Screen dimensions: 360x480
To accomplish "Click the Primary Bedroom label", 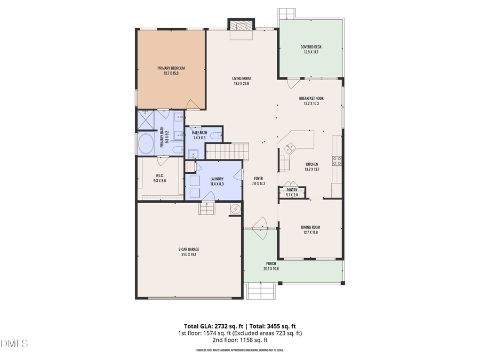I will (171, 68).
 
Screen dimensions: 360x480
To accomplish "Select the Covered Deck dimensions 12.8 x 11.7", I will (311, 52).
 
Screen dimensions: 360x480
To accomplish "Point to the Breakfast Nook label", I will (311, 98).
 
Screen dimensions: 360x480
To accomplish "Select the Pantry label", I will (292, 190).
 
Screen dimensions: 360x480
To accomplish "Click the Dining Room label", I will (310, 227).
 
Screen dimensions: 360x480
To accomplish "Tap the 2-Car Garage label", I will (189, 249).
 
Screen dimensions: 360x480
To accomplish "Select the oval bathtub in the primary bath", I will (146, 143).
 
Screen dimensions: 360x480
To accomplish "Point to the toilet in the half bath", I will (215, 136).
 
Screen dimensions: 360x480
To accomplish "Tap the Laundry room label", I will (217, 179).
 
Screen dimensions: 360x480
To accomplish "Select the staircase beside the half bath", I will (228, 151).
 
